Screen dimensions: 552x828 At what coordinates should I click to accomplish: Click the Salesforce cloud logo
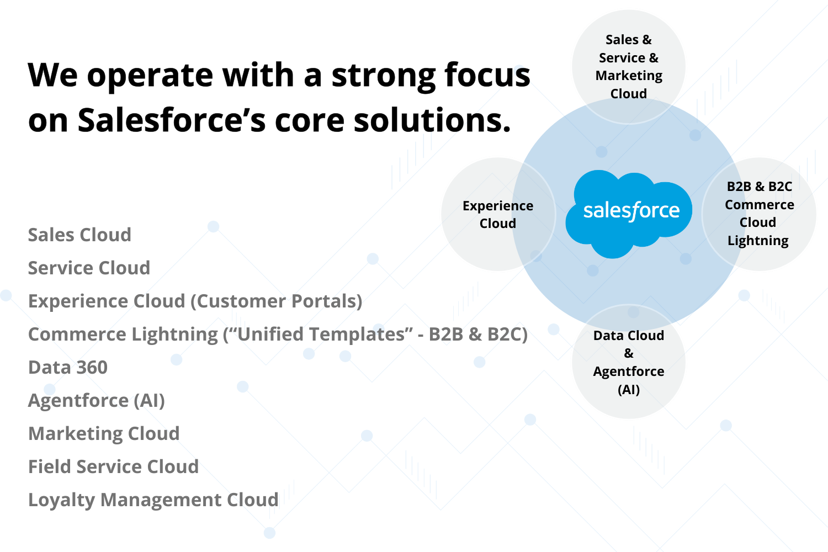(629, 213)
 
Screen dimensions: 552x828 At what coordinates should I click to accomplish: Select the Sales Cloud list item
(79, 235)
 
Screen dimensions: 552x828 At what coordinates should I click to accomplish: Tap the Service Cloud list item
(89, 268)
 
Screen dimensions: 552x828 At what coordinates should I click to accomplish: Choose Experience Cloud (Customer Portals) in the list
(195, 301)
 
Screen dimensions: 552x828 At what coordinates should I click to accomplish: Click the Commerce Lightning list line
(278, 335)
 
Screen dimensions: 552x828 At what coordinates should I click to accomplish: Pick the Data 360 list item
(68, 368)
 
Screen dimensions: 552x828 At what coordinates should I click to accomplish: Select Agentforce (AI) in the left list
(97, 401)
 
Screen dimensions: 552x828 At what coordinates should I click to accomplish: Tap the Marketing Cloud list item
(104, 434)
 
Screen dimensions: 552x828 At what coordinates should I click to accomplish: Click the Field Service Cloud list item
(113, 467)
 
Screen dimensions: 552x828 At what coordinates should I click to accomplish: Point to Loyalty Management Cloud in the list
(153, 500)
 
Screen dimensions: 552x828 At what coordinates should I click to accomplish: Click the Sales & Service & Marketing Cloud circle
(629, 66)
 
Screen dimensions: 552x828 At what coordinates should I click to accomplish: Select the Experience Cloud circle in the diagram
(497, 214)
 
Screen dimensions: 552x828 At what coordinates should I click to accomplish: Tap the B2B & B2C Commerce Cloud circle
(759, 214)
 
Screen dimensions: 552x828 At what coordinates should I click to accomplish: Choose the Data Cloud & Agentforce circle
(629, 362)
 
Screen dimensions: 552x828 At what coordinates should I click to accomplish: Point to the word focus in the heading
(487, 75)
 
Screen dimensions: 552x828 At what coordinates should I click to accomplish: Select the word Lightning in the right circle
(758, 241)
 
